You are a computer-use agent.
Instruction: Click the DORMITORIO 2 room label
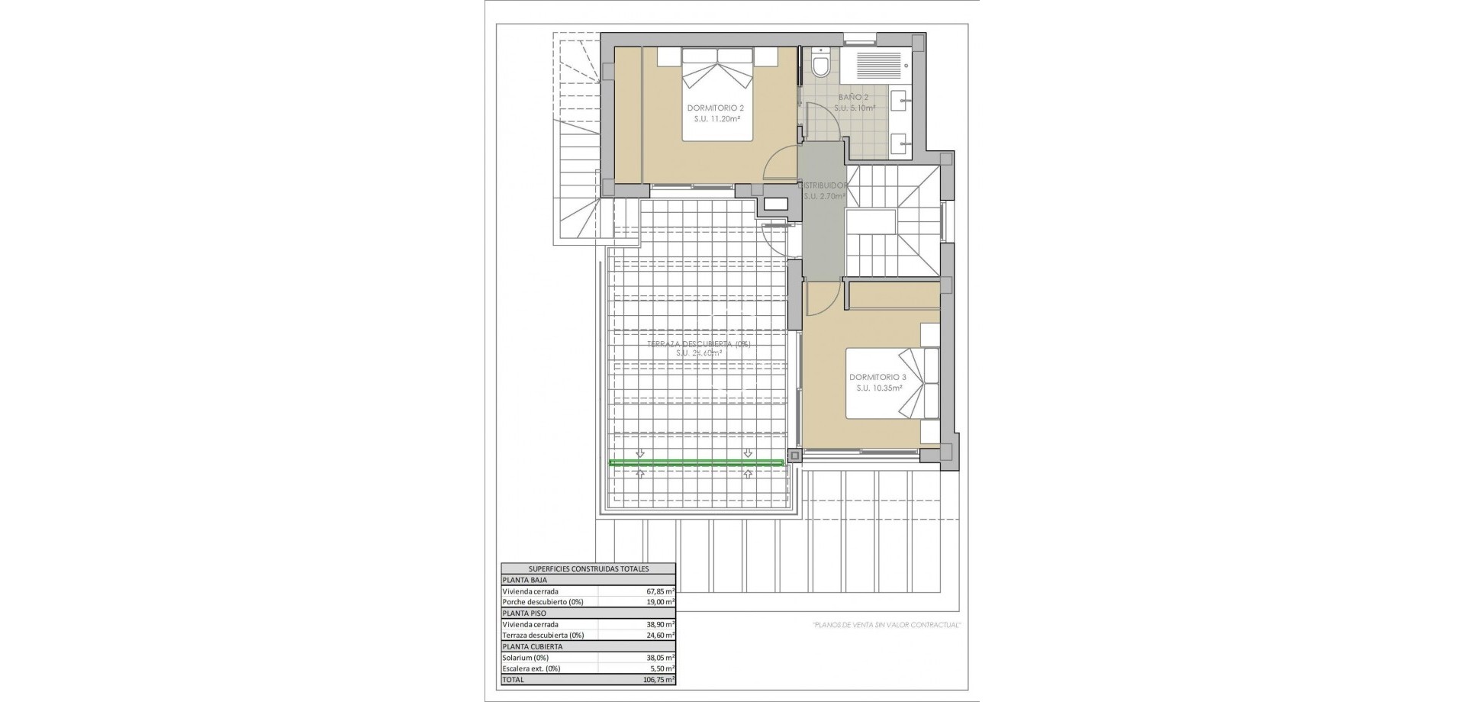coord(715,108)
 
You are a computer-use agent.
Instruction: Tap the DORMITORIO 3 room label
coord(877,378)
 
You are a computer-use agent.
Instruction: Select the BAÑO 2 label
coord(854,98)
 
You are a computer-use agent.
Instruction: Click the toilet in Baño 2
coord(821,65)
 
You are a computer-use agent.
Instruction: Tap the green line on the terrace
coord(697,462)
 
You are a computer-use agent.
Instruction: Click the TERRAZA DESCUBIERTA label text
coord(699,344)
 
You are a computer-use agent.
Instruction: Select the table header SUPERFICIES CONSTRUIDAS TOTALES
coord(588,569)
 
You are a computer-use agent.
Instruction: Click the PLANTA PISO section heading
coord(523,613)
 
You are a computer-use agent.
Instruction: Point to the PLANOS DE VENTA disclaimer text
coord(885,625)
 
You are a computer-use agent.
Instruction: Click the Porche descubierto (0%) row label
coord(543,602)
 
